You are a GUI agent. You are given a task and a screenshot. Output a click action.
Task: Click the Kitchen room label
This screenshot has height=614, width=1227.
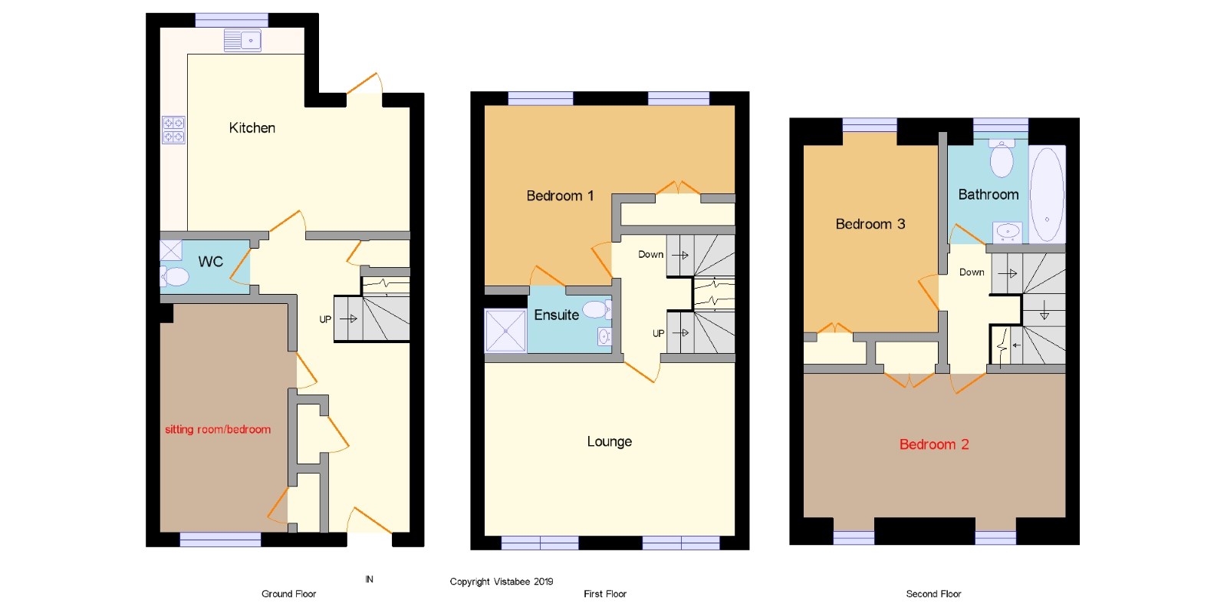(252, 127)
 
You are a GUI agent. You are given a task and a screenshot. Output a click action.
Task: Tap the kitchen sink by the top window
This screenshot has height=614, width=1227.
(242, 41)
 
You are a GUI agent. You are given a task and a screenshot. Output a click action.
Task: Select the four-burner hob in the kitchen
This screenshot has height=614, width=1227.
(173, 130)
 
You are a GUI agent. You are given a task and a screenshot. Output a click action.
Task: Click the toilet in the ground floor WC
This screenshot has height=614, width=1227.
(175, 277)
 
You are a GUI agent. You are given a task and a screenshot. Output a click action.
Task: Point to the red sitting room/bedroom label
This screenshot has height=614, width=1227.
(218, 429)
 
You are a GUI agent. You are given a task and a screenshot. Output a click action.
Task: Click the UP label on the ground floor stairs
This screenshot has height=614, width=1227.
(325, 319)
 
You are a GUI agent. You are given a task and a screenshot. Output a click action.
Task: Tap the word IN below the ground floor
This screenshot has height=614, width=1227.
(369, 579)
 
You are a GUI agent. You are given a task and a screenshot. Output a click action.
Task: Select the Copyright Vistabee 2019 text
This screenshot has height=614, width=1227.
(502, 582)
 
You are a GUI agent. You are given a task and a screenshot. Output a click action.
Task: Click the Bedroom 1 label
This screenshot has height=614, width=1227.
(560, 196)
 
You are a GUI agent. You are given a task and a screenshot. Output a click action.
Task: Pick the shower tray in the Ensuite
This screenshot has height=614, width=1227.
(505, 331)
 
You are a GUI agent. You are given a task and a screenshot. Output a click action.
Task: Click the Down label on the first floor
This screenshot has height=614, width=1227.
(651, 254)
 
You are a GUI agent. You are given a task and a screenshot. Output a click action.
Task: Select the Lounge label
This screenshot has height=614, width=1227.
(610, 441)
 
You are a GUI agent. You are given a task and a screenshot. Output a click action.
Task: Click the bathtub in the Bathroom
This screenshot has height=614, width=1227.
(1048, 194)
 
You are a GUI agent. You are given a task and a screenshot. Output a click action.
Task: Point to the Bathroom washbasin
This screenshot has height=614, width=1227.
(1008, 232)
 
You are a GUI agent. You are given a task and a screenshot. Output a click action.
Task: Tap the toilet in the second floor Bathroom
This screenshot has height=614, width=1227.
(1002, 158)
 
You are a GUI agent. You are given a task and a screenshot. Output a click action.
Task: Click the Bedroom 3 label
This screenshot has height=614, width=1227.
(870, 223)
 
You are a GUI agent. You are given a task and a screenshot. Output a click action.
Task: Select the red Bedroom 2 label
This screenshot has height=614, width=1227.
(934, 444)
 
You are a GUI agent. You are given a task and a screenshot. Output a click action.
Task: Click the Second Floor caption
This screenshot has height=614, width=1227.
(933, 594)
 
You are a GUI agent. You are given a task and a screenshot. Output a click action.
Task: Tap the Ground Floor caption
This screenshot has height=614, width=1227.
(288, 594)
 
